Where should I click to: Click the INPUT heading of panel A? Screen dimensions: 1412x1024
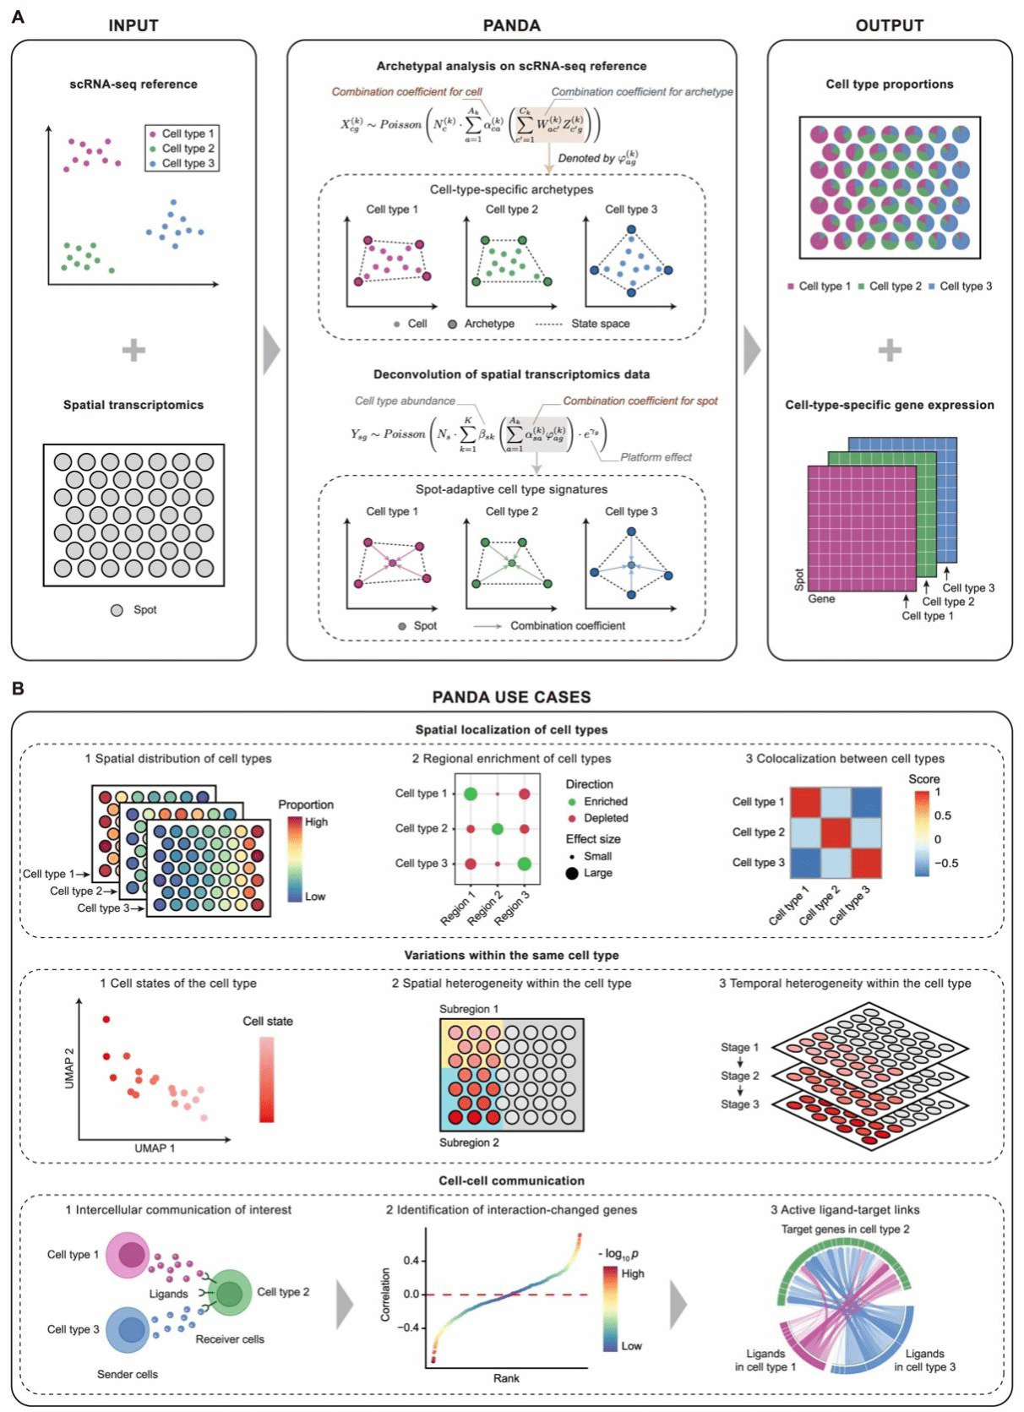point(133,25)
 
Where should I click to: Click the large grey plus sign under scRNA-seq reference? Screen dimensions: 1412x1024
point(133,350)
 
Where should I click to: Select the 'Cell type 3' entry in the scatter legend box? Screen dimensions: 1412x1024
point(188,163)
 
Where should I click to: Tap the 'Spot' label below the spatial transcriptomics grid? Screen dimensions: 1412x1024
point(144,609)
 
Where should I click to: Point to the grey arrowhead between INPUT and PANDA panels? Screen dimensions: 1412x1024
point(271,350)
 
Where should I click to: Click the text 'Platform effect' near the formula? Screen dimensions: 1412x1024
point(656,457)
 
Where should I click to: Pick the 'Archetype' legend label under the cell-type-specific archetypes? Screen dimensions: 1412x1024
point(488,324)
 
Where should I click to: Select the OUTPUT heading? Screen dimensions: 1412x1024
point(889,25)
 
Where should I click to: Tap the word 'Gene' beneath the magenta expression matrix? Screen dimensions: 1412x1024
point(821,598)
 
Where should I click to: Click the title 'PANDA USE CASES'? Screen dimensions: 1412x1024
point(511,697)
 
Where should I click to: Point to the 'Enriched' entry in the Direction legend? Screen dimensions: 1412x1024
point(606,801)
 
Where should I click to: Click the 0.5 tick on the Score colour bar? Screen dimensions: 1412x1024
point(943,815)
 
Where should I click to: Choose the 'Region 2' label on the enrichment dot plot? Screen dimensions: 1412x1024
point(485,908)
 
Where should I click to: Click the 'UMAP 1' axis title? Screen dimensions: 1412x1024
point(155,1148)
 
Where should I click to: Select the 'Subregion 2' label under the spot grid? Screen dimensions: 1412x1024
point(469,1142)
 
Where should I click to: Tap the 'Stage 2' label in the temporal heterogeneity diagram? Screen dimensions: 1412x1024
point(739,1076)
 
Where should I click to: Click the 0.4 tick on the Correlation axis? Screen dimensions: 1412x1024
point(411,1260)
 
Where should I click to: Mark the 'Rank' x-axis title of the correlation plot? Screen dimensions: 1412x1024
point(506,1378)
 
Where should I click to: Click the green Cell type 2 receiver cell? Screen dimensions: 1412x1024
point(229,1292)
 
